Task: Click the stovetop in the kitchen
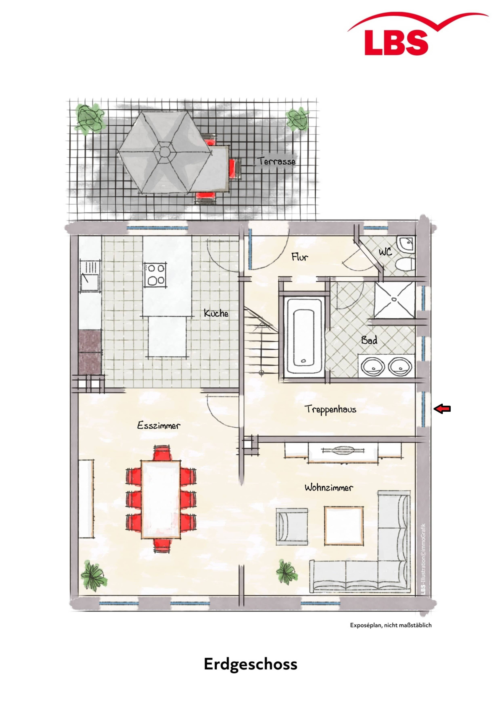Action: [155, 274]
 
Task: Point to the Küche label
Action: [216, 313]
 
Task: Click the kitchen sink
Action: [89, 276]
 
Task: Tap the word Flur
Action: [300, 257]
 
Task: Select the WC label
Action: [385, 252]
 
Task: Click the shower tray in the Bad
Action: [394, 299]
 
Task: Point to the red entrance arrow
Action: [442, 409]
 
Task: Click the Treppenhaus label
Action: [330, 409]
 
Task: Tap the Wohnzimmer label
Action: [329, 487]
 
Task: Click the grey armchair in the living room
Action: [292, 527]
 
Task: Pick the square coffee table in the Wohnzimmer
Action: [344, 526]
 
